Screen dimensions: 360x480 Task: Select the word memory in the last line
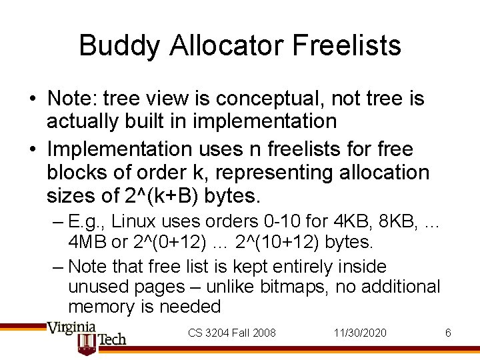coord(103,307)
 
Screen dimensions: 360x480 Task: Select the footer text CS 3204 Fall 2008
coord(232,332)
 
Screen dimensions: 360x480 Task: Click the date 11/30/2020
coord(361,332)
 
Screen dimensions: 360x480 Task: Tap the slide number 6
coord(448,332)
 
